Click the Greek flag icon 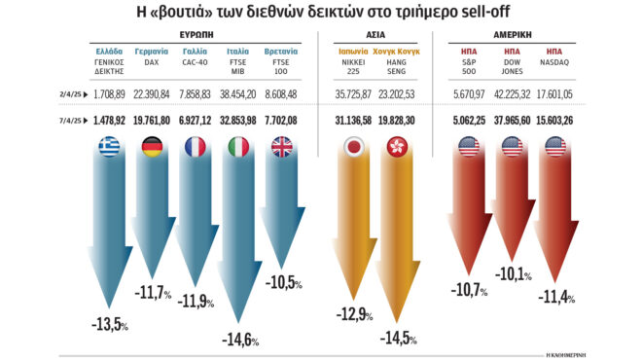[110, 147]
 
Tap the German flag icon [153, 147]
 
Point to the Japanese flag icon [356, 147]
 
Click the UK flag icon [281, 147]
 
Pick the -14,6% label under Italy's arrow [239, 340]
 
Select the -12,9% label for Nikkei [356, 313]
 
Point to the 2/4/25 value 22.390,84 [153, 94]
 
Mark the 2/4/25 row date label [69, 94]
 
